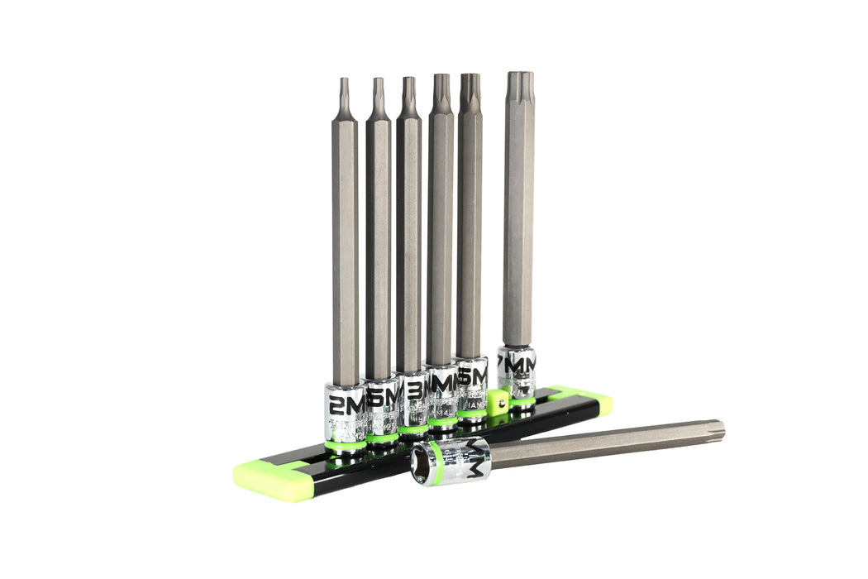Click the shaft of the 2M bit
pyautogui.click(x=345, y=248)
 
